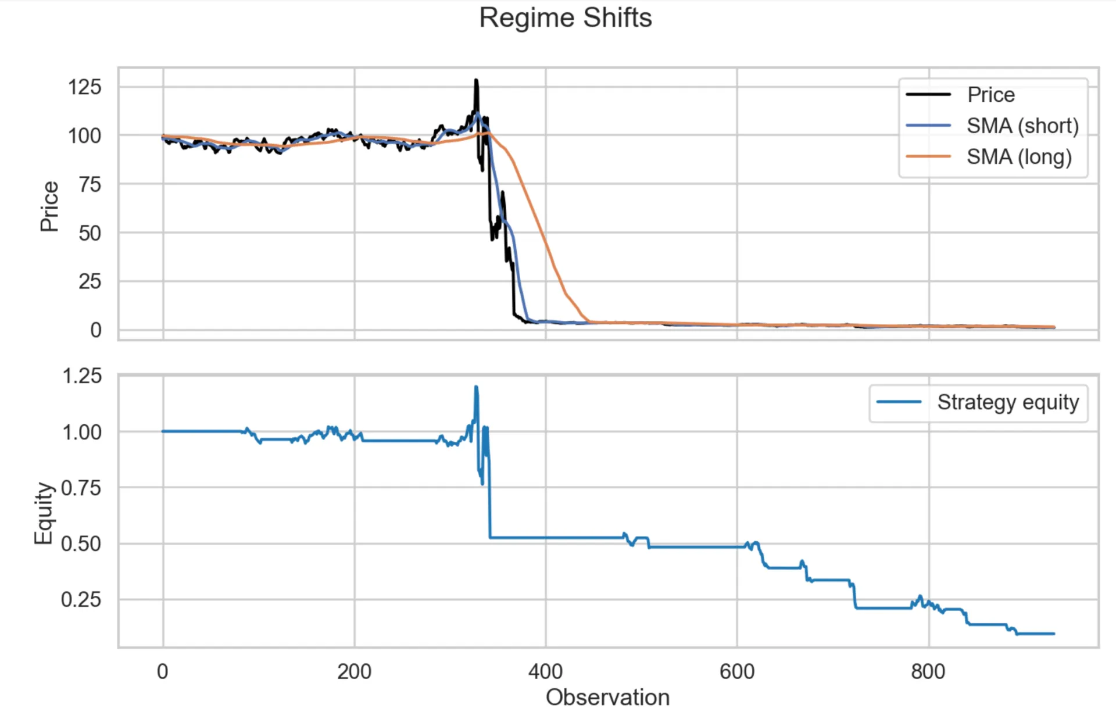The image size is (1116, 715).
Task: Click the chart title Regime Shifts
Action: click(x=565, y=17)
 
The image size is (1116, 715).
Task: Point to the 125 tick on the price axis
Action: click(x=84, y=87)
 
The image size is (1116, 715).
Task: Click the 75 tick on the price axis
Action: click(x=90, y=184)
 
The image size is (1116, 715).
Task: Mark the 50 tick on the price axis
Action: click(x=90, y=233)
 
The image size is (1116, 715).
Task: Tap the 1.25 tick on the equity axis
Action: click(x=81, y=376)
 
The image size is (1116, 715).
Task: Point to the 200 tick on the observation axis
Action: click(x=354, y=672)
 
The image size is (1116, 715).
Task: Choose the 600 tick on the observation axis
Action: click(x=736, y=672)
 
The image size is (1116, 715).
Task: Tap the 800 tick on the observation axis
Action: click(x=928, y=672)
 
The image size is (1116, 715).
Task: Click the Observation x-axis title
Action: click(x=607, y=698)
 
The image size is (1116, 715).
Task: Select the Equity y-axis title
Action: click(x=44, y=513)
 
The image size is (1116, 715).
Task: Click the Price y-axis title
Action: click(x=49, y=206)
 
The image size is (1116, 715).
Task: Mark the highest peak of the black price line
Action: click(x=476, y=80)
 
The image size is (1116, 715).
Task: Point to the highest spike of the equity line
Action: click(x=476, y=387)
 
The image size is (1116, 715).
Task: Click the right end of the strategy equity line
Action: click(x=1054, y=634)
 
